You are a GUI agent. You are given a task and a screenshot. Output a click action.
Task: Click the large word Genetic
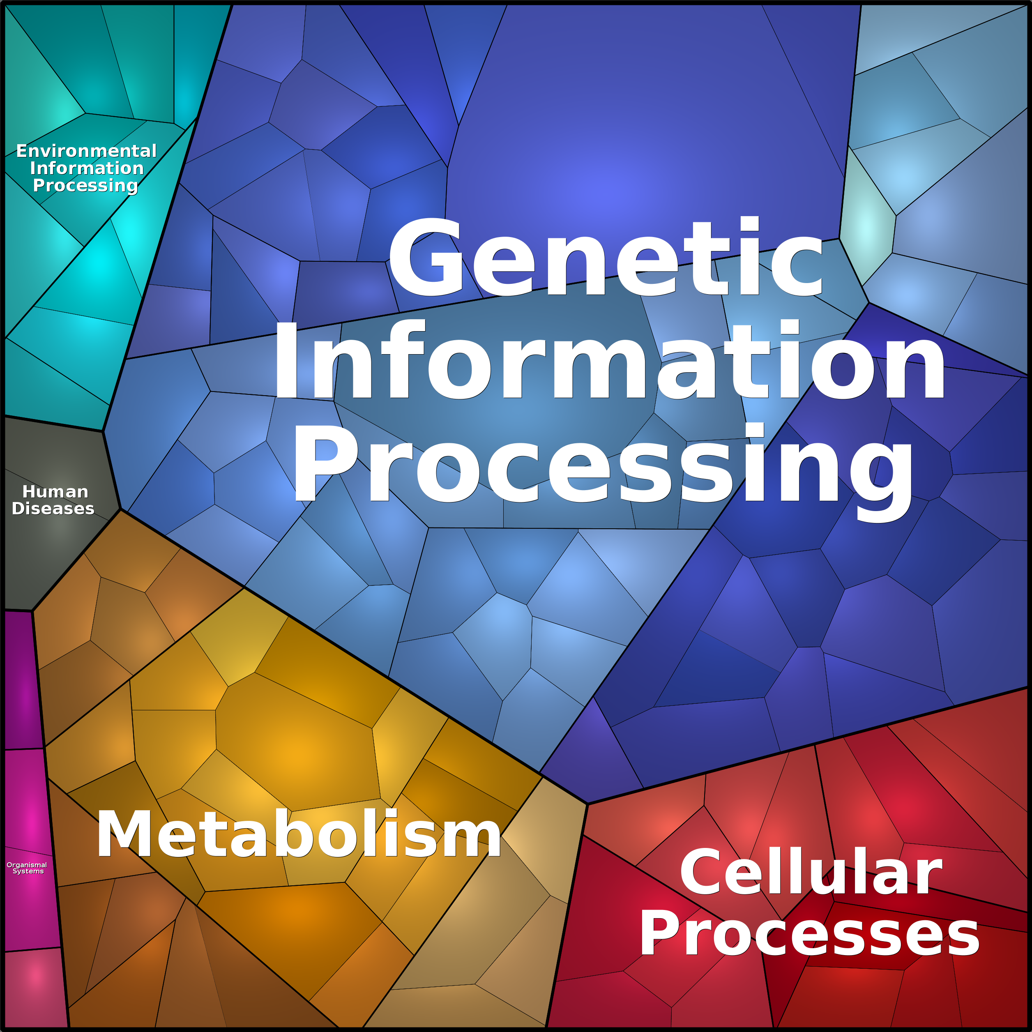[606, 256]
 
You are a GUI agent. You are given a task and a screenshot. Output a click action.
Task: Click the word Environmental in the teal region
[87, 151]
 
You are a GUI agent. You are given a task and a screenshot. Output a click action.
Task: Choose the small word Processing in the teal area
[85, 185]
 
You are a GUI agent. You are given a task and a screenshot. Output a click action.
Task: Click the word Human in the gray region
[55, 491]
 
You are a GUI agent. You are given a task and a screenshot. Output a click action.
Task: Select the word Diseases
[53, 508]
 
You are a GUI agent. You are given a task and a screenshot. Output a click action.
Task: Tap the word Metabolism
[299, 834]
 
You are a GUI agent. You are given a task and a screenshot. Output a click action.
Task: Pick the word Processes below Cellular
[809, 935]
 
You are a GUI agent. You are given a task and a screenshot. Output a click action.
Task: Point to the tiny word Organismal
[27, 865]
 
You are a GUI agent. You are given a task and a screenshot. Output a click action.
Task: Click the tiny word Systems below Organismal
[28, 871]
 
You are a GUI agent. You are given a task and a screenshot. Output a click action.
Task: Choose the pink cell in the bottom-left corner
[35, 988]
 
